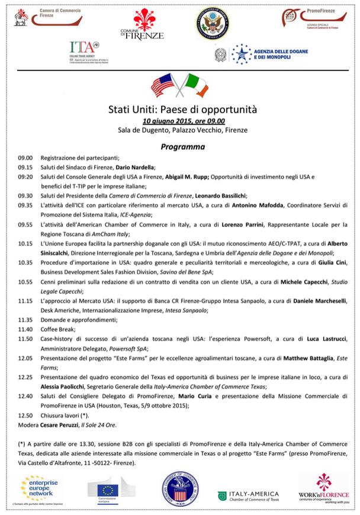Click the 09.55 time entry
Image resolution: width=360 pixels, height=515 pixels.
coord(24,225)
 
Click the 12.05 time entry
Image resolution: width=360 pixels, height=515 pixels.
coord(24,358)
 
